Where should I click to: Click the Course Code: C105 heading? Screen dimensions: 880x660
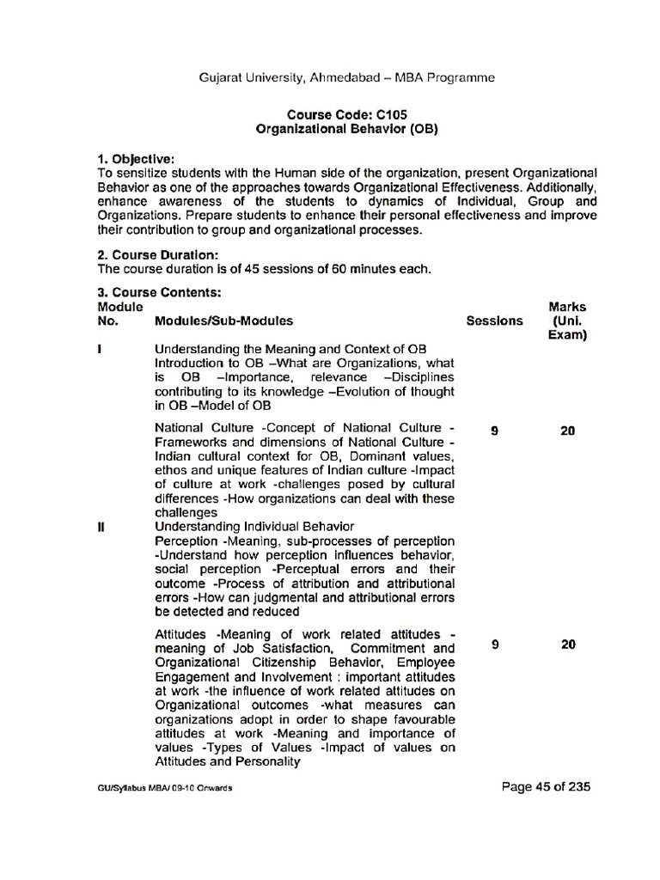tap(347, 113)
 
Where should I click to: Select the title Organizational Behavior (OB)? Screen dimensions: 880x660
tap(347, 128)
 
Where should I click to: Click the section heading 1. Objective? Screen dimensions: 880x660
tap(136, 159)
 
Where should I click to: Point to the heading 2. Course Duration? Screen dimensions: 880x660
tap(158, 254)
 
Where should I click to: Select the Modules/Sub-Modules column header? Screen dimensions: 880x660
tap(223, 321)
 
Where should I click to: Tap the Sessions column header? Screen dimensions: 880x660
tap(494, 321)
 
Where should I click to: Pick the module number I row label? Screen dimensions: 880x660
tap(101, 350)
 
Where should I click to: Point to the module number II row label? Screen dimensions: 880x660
tap(101, 526)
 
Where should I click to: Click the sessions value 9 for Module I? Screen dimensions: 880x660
tap(494, 431)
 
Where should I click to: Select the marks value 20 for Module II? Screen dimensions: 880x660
tap(567, 645)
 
